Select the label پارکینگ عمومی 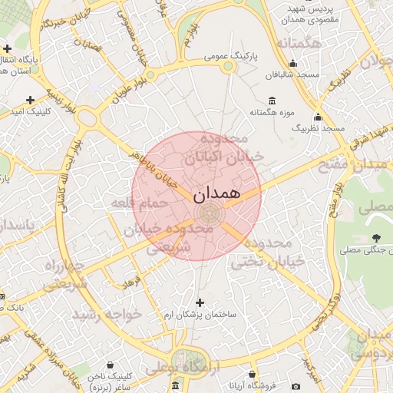[232, 57]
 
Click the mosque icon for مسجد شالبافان [292, 64]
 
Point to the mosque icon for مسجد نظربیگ [318, 117]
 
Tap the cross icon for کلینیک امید [30, 100]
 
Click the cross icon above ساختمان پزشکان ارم [201, 302]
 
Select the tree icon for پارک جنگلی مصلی [375, 238]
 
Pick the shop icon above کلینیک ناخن [112, 365]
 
